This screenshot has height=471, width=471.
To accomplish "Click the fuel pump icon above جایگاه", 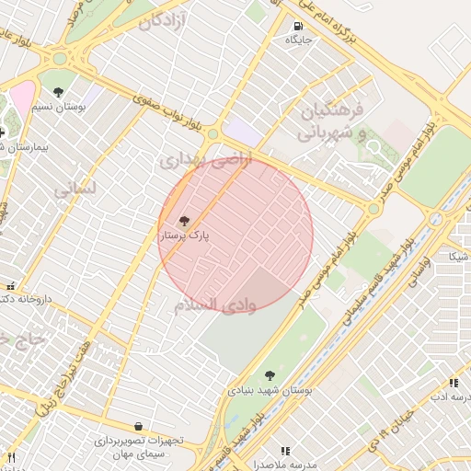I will [297, 26].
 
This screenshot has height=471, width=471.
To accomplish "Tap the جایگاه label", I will [298, 40].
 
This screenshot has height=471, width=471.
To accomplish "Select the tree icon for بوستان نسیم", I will [59, 92].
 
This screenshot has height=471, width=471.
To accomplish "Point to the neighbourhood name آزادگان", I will [162, 20].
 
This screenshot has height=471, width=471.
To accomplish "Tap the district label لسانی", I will [75, 190].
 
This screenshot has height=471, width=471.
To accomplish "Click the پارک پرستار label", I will [185, 236].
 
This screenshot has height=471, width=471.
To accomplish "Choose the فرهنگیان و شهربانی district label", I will [333, 121].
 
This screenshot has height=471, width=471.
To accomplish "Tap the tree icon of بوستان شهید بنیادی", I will [270, 375].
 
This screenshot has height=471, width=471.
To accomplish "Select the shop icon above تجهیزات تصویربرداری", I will [138, 427].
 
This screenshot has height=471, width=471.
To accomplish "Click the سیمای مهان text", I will [139, 454].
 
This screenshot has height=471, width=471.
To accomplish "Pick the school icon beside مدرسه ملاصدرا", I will [285, 451].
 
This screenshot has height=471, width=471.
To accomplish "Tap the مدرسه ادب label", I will [451, 397].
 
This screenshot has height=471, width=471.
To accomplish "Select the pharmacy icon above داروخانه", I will [10, 286].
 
